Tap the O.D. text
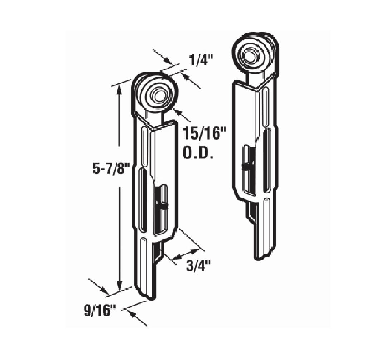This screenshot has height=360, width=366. tap(198, 153)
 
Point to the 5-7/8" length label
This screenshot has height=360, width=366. tap(111, 169)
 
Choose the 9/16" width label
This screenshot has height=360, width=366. tap(100, 311)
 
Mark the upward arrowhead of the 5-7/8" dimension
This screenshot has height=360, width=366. tap(119, 90)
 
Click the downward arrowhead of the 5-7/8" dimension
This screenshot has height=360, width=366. tap(119, 285)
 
